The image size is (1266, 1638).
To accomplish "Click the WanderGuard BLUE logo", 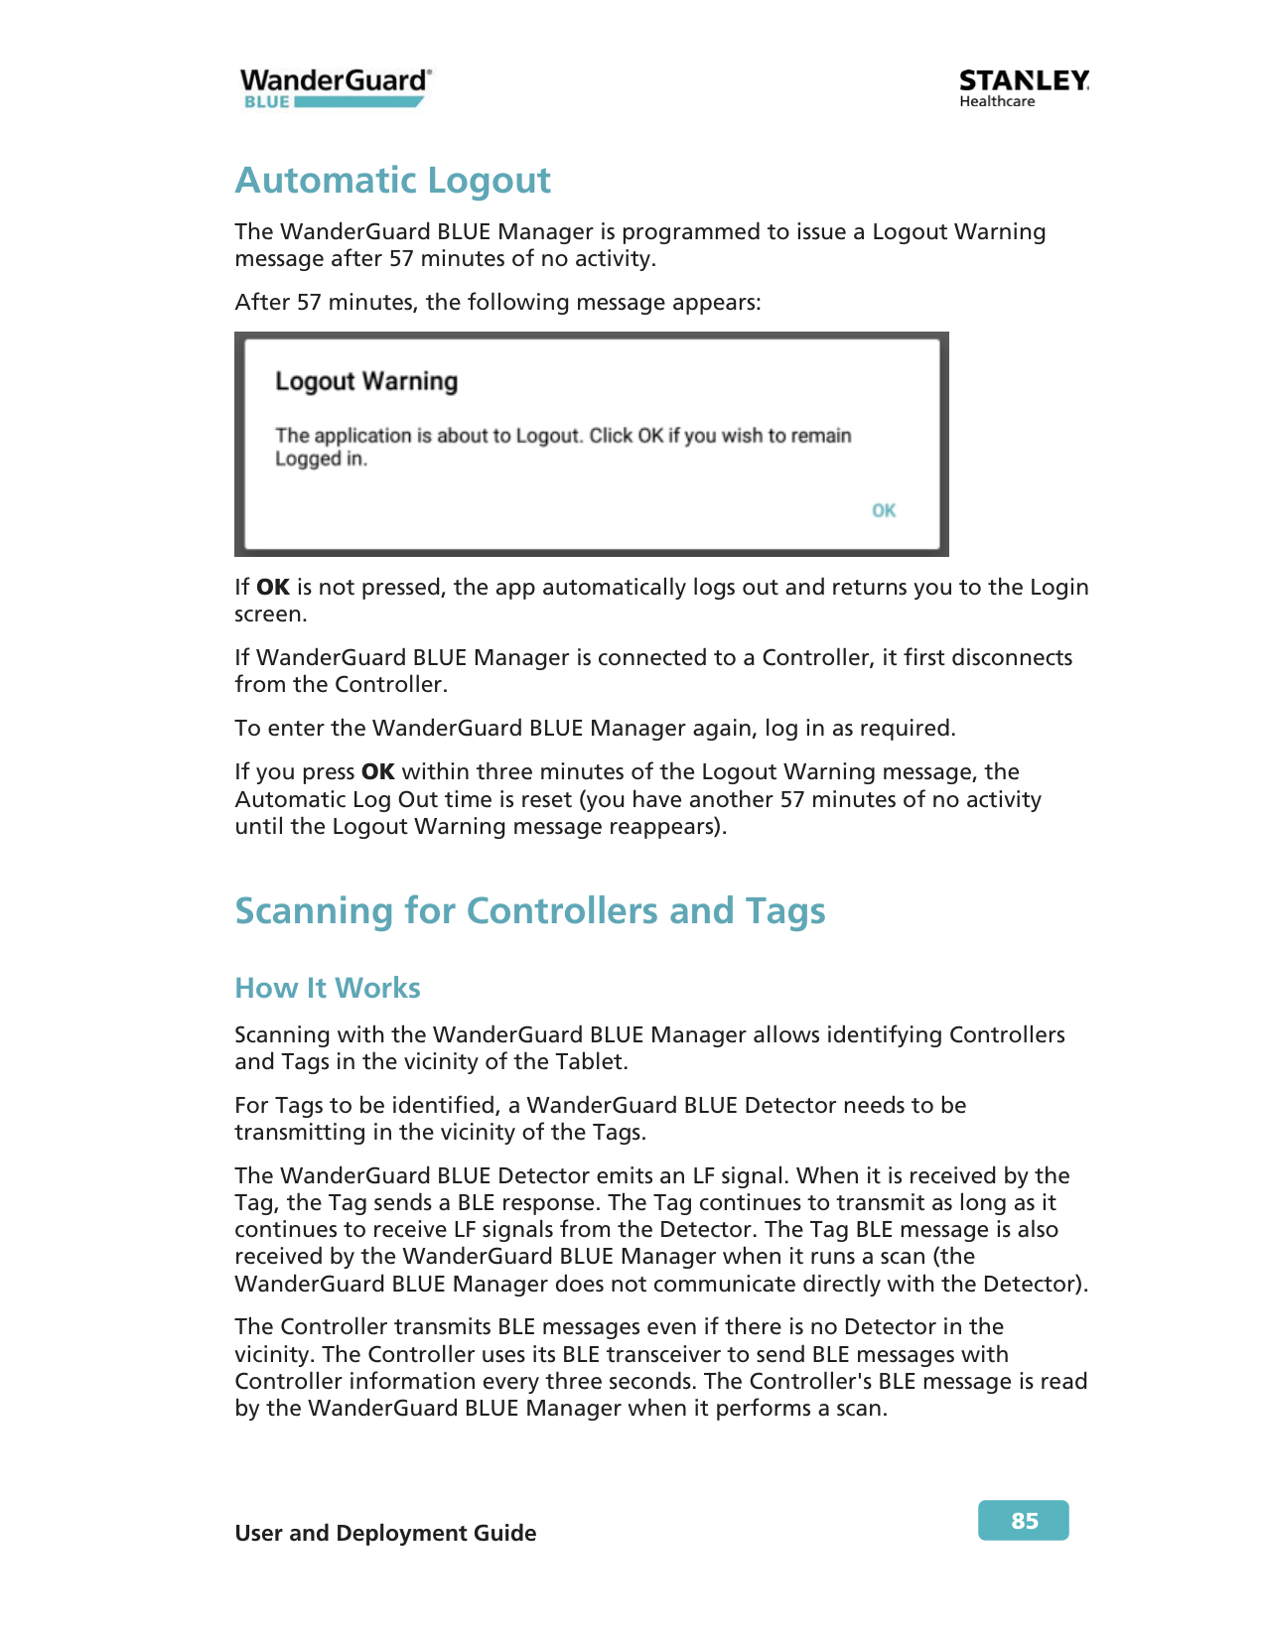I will pyautogui.click(x=335, y=87).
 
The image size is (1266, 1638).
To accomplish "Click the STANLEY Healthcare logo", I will pyautogui.click(x=1024, y=87).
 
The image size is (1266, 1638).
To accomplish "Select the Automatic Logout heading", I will pyautogui.click(x=392, y=181).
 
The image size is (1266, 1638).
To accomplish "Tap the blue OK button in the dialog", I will pyautogui.click(x=884, y=510).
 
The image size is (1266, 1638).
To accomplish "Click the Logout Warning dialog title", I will pyautogui.click(x=366, y=381).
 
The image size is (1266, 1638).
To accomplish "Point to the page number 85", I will pyautogui.click(x=1024, y=1521).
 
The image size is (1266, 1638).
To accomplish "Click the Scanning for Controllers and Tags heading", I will pyautogui.click(x=529, y=910).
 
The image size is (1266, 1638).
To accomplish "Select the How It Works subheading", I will pyautogui.click(x=328, y=988).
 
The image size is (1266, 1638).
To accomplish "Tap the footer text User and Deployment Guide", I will pyautogui.click(x=385, y=1533).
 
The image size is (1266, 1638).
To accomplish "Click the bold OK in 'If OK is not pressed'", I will pyautogui.click(x=273, y=588).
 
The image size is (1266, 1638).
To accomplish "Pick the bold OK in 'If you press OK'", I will pyautogui.click(x=378, y=772).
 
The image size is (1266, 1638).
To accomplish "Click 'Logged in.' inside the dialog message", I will pyautogui.click(x=321, y=460).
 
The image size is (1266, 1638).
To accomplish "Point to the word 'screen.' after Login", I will pyautogui.click(x=271, y=614).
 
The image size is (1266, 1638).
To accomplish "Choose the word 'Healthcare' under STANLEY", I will pyautogui.click(x=997, y=101).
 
